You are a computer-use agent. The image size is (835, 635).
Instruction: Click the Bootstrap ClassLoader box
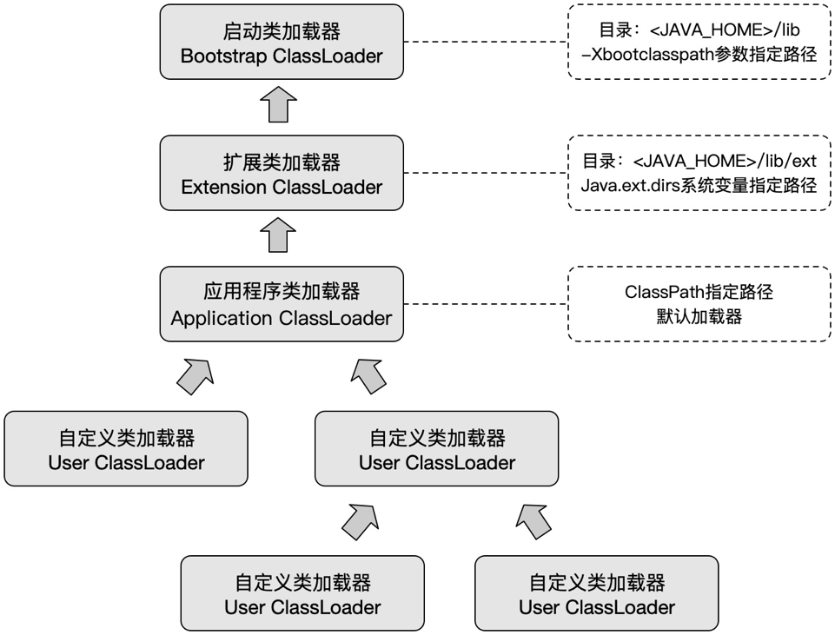282,43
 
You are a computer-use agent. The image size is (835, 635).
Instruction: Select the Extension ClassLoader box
282,173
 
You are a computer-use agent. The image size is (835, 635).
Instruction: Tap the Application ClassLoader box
282,303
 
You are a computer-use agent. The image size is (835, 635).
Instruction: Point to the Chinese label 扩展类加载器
282,162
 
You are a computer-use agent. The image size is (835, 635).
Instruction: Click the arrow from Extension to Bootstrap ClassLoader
282,104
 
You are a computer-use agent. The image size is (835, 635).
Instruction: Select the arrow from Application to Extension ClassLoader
282,235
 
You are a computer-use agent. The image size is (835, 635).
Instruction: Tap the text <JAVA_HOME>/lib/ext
725,162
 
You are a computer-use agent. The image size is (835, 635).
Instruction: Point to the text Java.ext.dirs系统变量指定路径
699,186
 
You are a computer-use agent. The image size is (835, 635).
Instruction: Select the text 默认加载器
699,316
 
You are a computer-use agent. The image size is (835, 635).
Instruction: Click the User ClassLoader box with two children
437,448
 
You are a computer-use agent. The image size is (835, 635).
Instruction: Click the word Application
222,318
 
